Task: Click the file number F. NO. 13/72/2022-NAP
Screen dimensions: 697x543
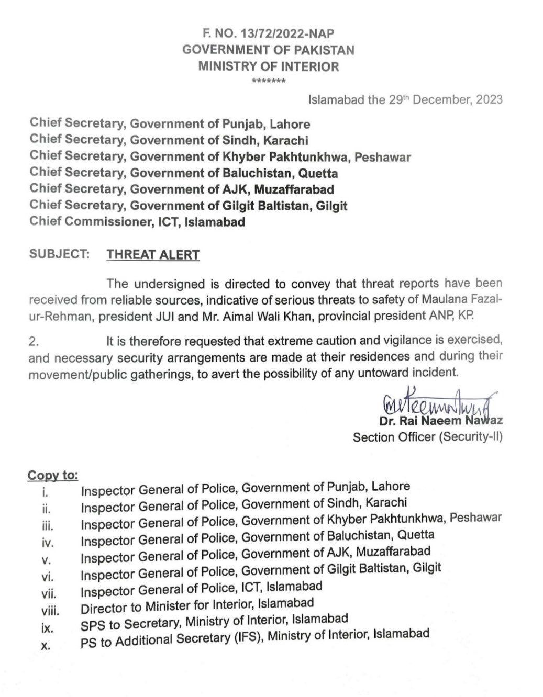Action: click(268, 33)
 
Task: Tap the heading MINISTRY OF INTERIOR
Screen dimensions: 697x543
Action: click(268, 67)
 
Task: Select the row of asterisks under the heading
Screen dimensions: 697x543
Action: click(268, 82)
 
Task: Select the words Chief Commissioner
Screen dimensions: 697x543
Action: click(90, 221)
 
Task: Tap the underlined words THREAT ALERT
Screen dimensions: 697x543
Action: click(153, 255)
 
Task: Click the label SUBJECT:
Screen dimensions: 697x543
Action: click(58, 254)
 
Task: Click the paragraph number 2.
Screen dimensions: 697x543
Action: click(35, 341)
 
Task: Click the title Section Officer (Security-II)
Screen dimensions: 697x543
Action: click(427, 437)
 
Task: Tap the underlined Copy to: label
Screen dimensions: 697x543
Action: click(53, 475)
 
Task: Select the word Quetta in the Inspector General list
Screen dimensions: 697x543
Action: click(416, 535)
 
